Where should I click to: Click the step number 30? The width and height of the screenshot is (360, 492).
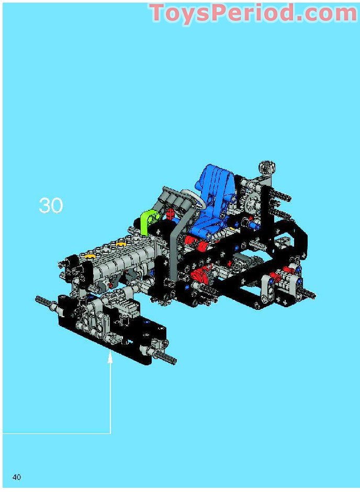point(51,206)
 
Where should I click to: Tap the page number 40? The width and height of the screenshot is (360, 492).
point(17,477)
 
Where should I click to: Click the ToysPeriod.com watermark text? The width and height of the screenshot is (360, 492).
point(253,13)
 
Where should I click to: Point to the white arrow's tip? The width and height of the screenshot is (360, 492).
point(110,356)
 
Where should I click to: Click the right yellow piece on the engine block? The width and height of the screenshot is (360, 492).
point(121,244)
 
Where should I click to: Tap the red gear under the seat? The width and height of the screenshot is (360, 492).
point(199,276)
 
